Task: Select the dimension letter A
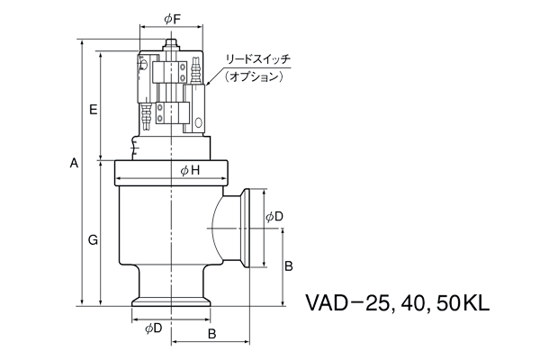(75, 163)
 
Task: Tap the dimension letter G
(93, 239)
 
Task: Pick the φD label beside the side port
(274, 217)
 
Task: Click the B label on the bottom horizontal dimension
(211, 334)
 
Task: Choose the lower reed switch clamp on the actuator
(171, 115)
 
